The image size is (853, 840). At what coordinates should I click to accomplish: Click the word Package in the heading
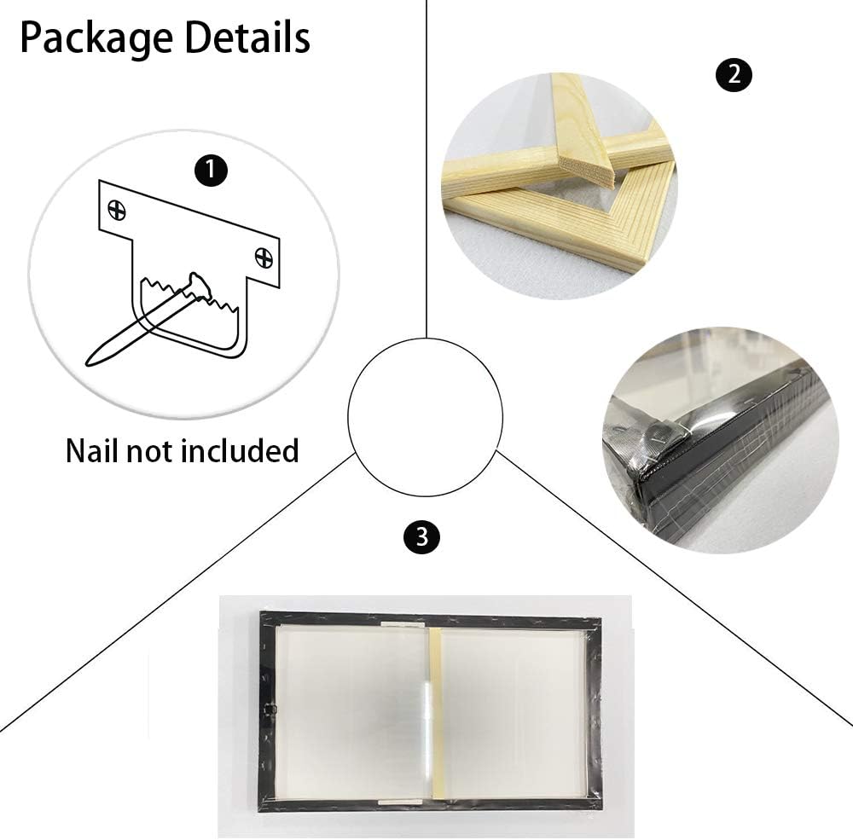[x=97, y=39]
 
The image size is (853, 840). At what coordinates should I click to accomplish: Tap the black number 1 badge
[x=211, y=171]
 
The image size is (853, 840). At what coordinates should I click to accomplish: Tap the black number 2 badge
[x=734, y=74]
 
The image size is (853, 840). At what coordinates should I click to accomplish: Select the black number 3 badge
[x=421, y=537]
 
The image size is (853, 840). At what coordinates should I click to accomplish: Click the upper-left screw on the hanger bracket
[x=117, y=210]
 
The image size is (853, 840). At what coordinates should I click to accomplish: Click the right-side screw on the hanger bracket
[x=264, y=257]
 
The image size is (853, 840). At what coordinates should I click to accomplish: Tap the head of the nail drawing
[x=198, y=286]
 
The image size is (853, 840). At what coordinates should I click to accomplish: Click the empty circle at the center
[x=426, y=417]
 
